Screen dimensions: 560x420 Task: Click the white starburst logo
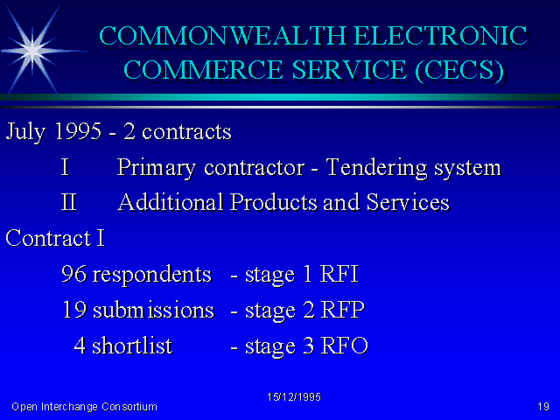[x=33, y=51]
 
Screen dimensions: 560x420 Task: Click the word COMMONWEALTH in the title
[x=222, y=36]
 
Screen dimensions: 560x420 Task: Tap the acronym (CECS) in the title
[x=459, y=70]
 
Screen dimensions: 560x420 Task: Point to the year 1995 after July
[x=78, y=131]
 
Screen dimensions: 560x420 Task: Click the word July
[x=25, y=132]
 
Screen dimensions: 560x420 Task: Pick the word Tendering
[x=377, y=168]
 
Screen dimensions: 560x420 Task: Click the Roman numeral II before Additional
[x=69, y=202]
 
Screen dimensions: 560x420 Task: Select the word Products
[x=274, y=202]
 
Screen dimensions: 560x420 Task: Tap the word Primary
[x=157, y=168]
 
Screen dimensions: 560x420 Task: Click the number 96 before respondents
[x=73, y=274]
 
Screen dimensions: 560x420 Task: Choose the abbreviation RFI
[x=339, y=274]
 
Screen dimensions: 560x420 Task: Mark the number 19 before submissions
[x=74, y=310]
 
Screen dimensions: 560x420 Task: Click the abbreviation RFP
[x=342, y=310]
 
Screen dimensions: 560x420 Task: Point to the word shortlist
[x=132, y=346]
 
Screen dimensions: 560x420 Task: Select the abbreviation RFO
[x=344, y=346]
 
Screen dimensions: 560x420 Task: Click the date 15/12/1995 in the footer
[x=294, y=397]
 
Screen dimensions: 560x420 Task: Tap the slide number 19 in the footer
[x=543, y=406]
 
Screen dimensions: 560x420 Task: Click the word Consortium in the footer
[x=129, y=406]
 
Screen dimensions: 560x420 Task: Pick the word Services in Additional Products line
[x=408, y=202]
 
